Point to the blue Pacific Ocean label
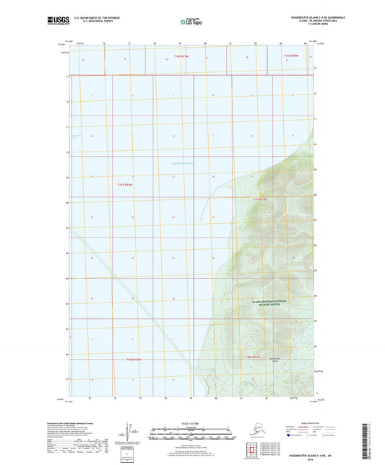pyautogui.click(x=182, y=164)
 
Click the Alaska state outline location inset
pyautogui.click(x=254, y=431)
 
